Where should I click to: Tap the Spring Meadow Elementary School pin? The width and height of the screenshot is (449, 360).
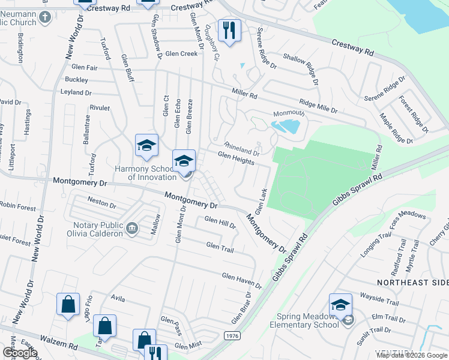pos(340,305)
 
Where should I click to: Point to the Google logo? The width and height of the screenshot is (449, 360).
pos(20,352)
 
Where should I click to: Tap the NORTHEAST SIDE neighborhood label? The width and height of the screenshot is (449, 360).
pos(412,283)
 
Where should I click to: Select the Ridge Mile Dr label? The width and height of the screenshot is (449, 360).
pos(319,106)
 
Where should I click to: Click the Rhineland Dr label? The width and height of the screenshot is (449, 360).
pos(241,149)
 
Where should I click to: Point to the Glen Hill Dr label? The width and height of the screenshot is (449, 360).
pos(220,223)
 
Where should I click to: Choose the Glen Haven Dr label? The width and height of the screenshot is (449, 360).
pos(242,280)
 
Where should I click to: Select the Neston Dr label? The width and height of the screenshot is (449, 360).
pos(101,204)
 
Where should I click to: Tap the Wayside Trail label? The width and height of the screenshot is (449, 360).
pos(379,298)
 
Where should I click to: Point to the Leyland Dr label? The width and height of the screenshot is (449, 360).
pos(76,93)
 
